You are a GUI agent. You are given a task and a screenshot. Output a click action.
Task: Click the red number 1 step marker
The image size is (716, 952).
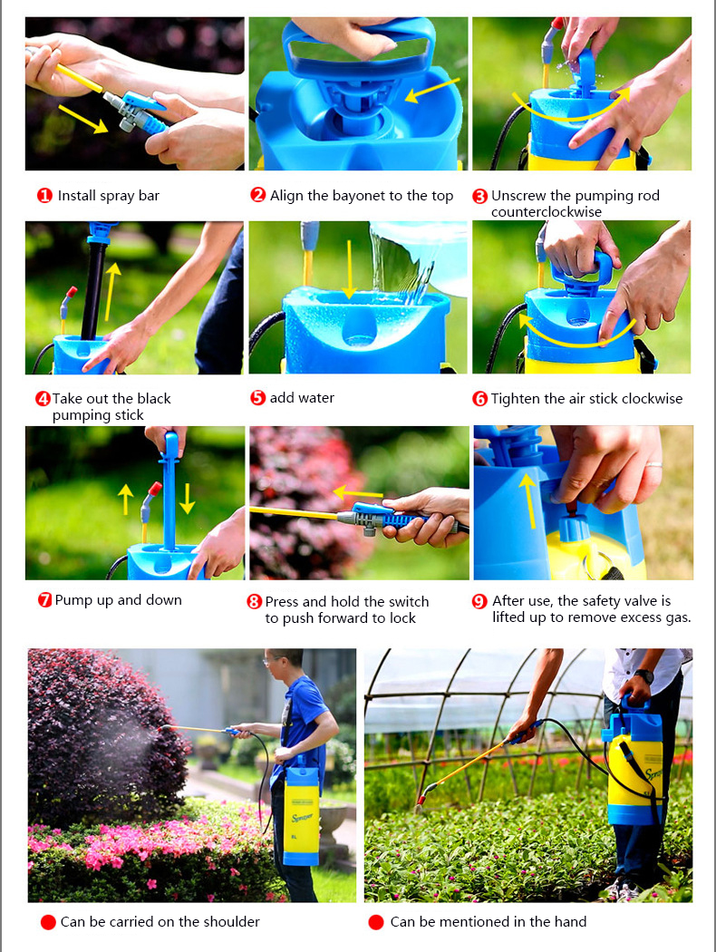coord(44,196)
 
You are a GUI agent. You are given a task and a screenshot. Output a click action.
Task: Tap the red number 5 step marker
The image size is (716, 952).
coord(258,398)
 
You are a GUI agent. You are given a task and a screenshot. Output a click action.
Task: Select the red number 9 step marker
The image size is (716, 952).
coord(479,601)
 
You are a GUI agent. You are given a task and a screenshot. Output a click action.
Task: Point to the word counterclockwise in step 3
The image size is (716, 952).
coord(547,212)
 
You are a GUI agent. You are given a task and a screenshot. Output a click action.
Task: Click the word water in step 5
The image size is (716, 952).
coord(317,398)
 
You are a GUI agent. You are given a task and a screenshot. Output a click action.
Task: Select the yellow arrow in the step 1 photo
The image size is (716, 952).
coord(82,119)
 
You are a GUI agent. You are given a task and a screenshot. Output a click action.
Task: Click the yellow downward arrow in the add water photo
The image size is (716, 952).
coord(349,269)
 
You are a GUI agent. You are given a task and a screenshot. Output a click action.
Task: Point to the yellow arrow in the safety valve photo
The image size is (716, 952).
coord(528,500)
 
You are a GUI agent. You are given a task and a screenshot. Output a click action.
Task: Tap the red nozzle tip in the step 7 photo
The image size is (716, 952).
coord(155,489)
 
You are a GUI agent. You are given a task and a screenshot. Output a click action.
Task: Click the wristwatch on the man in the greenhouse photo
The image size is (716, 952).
coord(643,675)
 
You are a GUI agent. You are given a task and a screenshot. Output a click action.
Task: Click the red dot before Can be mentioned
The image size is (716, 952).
coord(375,922)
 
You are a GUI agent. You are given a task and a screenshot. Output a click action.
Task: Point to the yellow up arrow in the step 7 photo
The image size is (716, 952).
coord(125,499)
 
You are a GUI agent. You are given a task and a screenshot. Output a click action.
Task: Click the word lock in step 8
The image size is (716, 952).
coord(402,618)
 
